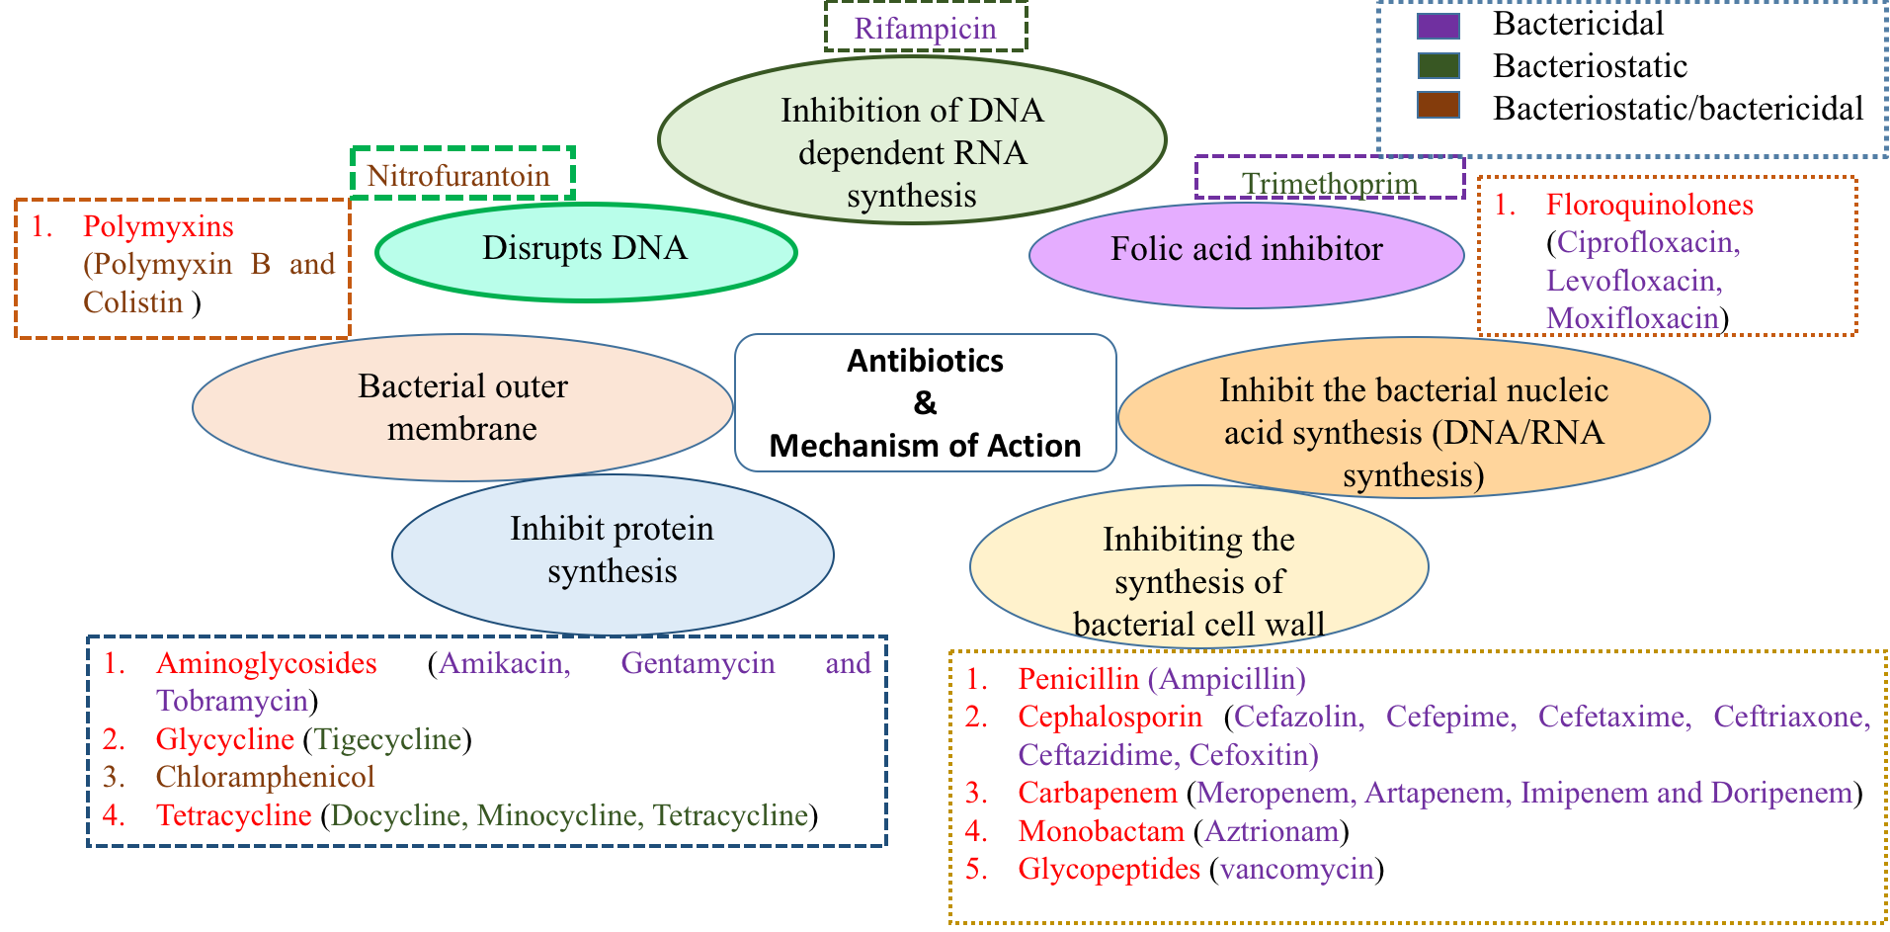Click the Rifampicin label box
pos(926,28)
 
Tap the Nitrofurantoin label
pos(458,175)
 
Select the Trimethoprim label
pos(1330,182)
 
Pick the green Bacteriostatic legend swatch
pos(1438,66)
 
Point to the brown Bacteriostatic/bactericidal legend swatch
pos(1438,105)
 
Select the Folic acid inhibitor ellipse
pos(1246,253)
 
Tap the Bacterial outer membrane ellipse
pos(462,408)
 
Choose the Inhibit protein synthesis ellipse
pos(613,553)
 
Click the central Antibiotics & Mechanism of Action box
pos(925,403)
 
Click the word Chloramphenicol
pos(265,777)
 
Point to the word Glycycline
pos(224,739)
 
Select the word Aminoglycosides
pos(266,663)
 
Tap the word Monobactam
pos(1101,831)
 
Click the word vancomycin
pos(1296,869)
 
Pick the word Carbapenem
pos(1097,793)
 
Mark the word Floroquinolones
pos(1649,205)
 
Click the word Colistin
pos(133,302)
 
